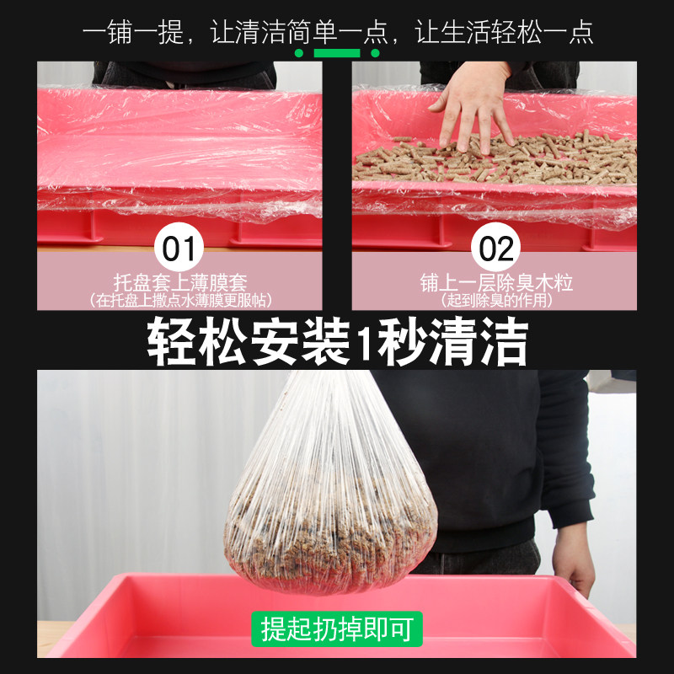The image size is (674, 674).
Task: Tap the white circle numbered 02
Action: (496, 249)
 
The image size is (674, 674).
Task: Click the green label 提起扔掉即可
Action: (337, 629)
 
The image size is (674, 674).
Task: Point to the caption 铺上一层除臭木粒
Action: (496, 283)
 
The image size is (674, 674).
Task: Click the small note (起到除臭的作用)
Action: (496, 301)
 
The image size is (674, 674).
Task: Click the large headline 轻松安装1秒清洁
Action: (337, 342)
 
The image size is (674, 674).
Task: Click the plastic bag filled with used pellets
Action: (333, 514)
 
